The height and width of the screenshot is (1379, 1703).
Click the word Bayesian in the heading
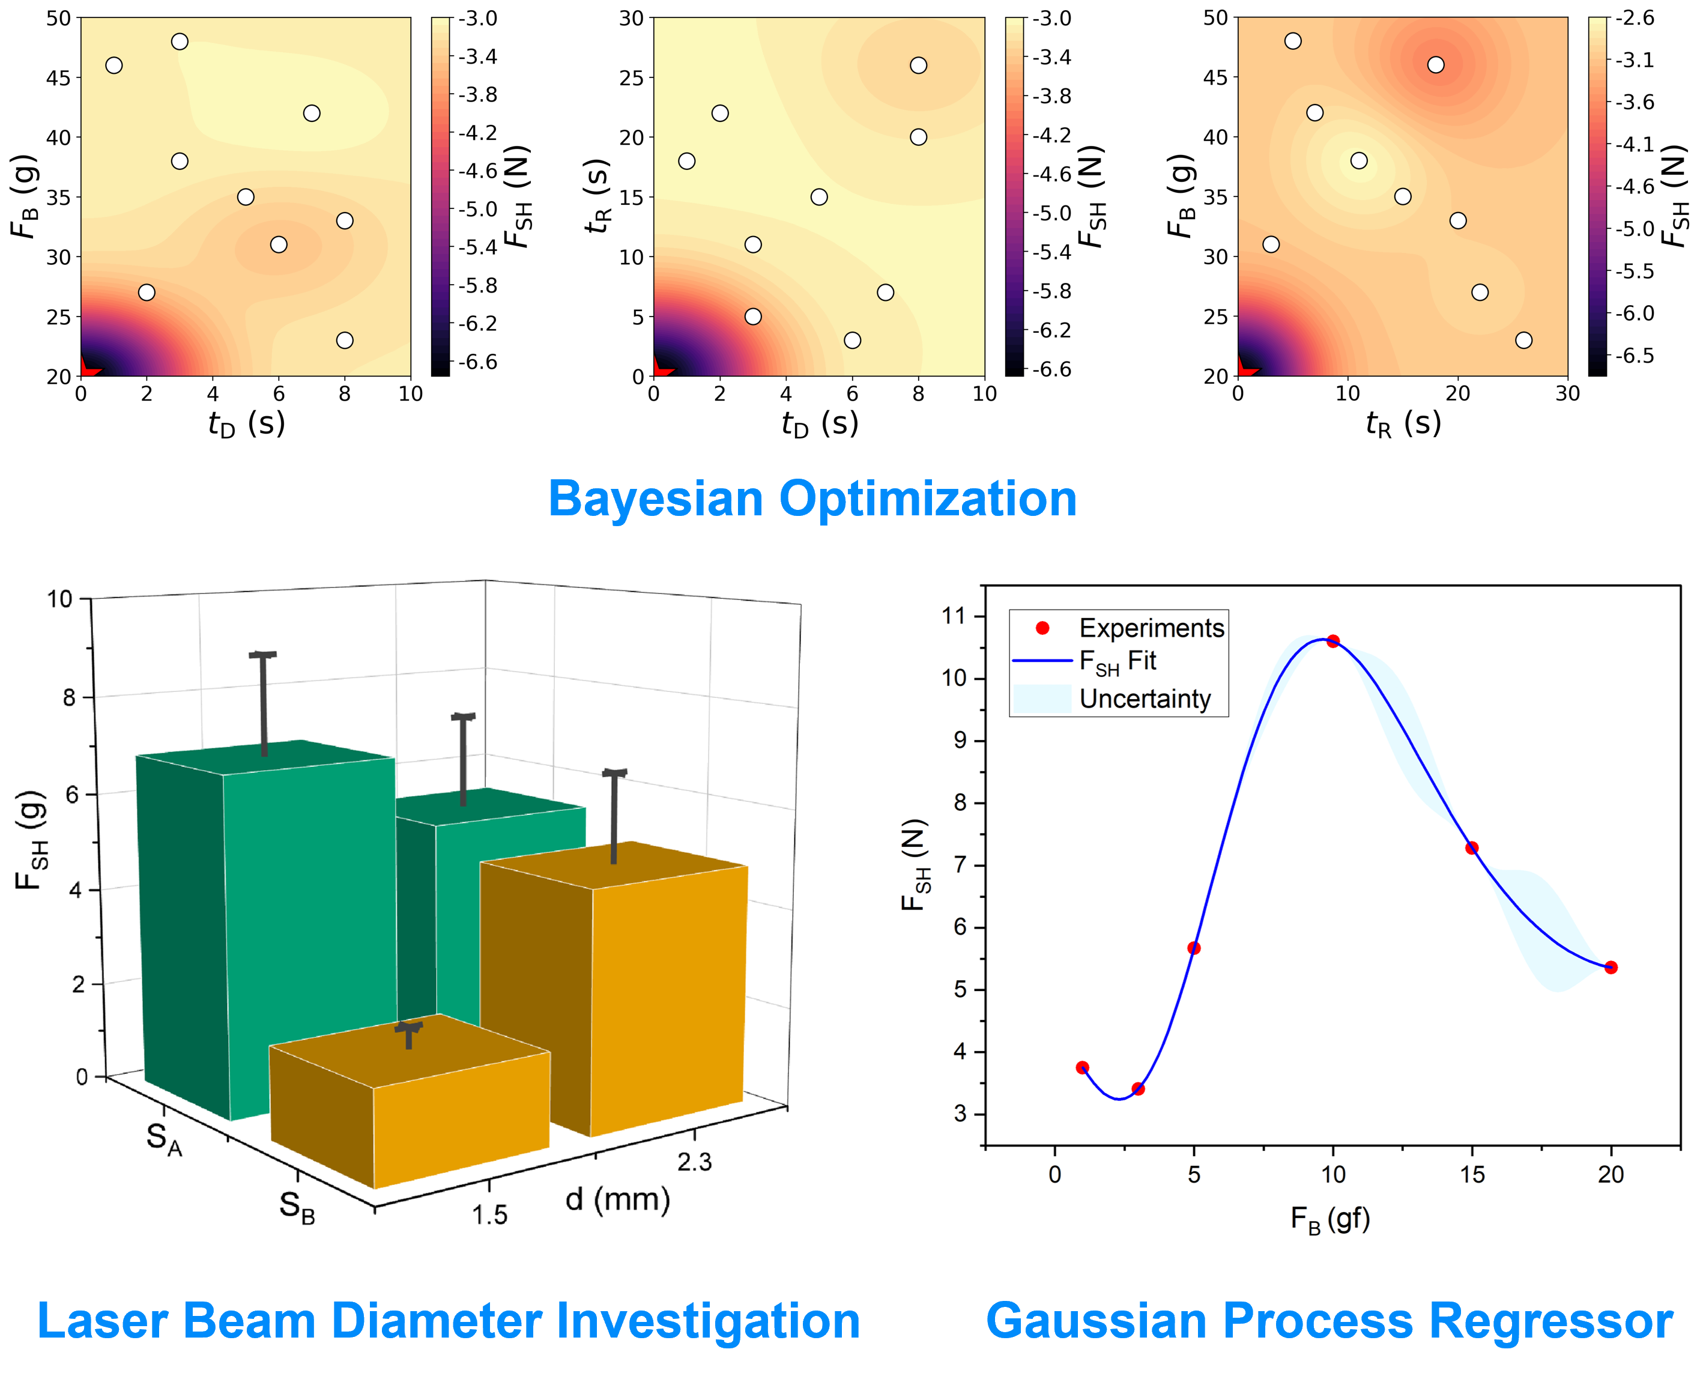tap(655, 500)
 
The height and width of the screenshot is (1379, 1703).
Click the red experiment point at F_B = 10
tap(1333, 641)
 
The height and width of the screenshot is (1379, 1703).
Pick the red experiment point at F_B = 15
tap(1472, 847)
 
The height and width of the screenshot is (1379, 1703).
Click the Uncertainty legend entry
tap(1145, 699)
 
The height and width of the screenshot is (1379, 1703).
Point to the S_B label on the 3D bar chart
tap(296, 1207)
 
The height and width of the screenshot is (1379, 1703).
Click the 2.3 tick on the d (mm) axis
tap(694, 1162)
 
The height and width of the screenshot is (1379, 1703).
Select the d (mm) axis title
tap(617, 1199)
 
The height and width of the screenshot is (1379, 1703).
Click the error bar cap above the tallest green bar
tap(263, 655)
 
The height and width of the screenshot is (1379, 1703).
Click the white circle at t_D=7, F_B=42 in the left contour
tap(312, 114)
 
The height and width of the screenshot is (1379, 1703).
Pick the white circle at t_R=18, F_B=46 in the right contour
tap(1435, 65)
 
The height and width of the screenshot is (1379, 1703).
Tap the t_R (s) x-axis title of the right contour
tap(1403, 423)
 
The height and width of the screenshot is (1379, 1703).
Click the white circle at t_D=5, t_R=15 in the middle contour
tap(819, 197)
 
